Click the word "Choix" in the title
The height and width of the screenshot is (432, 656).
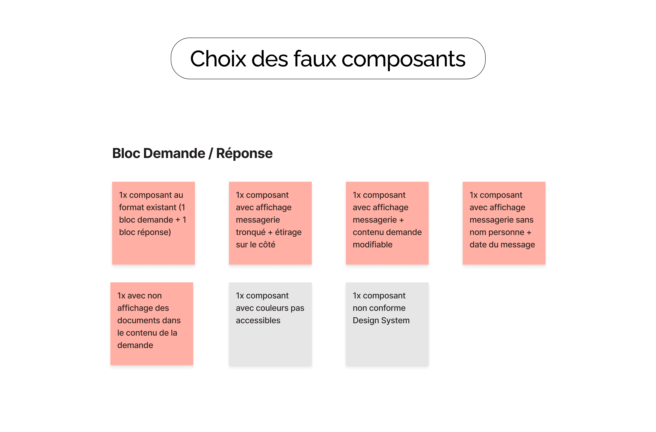[x=218, y=59]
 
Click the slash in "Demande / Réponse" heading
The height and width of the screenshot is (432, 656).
[x=211, y=154]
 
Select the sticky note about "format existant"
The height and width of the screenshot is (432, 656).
[x=153, y=223]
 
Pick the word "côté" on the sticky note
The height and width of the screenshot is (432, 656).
[x=267, y=245]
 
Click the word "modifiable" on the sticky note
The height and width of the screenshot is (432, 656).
[x=372, y=245]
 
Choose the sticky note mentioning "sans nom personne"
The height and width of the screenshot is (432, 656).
[x=504, y=223]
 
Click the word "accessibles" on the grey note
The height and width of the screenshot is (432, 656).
[x=258, y=320]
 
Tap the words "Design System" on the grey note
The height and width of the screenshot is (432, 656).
[x=381, y=320]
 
